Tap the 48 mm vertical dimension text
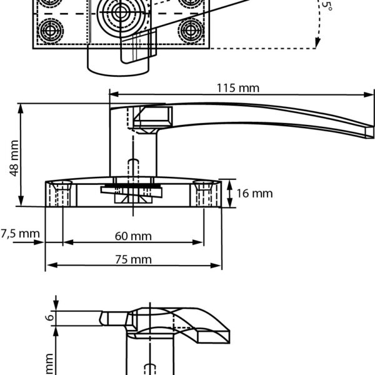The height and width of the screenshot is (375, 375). tap(14, 158)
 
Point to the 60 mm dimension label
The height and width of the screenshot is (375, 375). tap(134, 236)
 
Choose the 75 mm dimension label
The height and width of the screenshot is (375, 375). tap(134, 259)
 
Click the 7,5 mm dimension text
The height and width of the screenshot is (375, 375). tap(19, 234)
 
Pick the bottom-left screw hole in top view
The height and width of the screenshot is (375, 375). tap(51, 29)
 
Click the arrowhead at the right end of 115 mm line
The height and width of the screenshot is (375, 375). tap(369, 96)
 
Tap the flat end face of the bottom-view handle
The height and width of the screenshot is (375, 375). tap(213, 338)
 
